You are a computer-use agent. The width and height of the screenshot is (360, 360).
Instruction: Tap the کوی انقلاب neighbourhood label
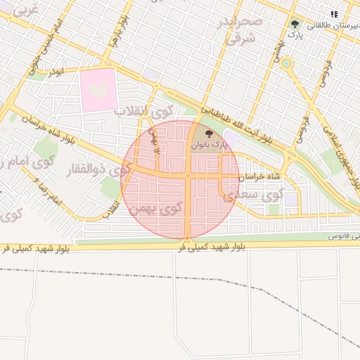pos(143,111)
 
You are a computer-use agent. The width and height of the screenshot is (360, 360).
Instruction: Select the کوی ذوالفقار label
pos(91,169)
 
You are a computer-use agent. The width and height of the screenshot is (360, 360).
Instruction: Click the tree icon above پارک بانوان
pos(208,133)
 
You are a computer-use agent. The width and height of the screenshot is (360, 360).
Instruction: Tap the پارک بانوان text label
pos(208,145)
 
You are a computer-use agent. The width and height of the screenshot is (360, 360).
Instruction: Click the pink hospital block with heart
pos(98,89)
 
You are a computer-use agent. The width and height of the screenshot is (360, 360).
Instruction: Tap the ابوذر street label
pos(56,72)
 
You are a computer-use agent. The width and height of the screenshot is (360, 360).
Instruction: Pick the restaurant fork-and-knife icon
pos(334,13)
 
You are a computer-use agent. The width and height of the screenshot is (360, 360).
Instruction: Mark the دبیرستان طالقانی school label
pos(330,25)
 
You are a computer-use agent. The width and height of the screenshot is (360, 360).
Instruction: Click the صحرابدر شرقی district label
pos(243,31)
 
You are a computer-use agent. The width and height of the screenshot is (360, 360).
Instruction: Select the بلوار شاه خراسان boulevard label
pos(56,129)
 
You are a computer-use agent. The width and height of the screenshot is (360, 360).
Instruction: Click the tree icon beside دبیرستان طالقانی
pos(294,25)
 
